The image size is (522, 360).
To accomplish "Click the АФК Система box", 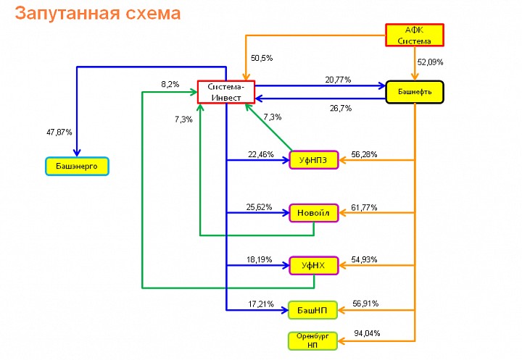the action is click(415, 35).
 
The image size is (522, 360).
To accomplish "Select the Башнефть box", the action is click(415, 92).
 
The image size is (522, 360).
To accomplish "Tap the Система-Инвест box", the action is click(226, 92).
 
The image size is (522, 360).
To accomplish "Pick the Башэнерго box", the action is click(77, 166).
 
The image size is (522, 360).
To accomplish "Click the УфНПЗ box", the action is click(314, 160).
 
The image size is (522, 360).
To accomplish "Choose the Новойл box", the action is click(314, 213).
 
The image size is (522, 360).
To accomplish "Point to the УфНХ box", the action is click(314, 266).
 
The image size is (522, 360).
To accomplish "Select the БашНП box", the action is click(312, 311).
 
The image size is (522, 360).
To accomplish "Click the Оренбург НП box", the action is click(312, 340).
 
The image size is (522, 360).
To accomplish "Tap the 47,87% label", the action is click(59, 133).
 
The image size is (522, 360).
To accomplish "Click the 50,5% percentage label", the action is click(262, 58).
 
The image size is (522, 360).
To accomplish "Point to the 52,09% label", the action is click(430, 62).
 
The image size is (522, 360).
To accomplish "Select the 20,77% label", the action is click(338, 80).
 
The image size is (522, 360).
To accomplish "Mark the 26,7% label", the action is click(341, 109).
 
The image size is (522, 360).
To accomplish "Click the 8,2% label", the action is click(170, 84).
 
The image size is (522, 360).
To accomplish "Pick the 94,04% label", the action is click(367, 333).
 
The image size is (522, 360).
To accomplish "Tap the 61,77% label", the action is click(364, 208).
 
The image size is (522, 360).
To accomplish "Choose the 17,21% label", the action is click(261, 304).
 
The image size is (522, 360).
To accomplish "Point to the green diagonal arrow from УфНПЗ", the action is click(269, 127).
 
